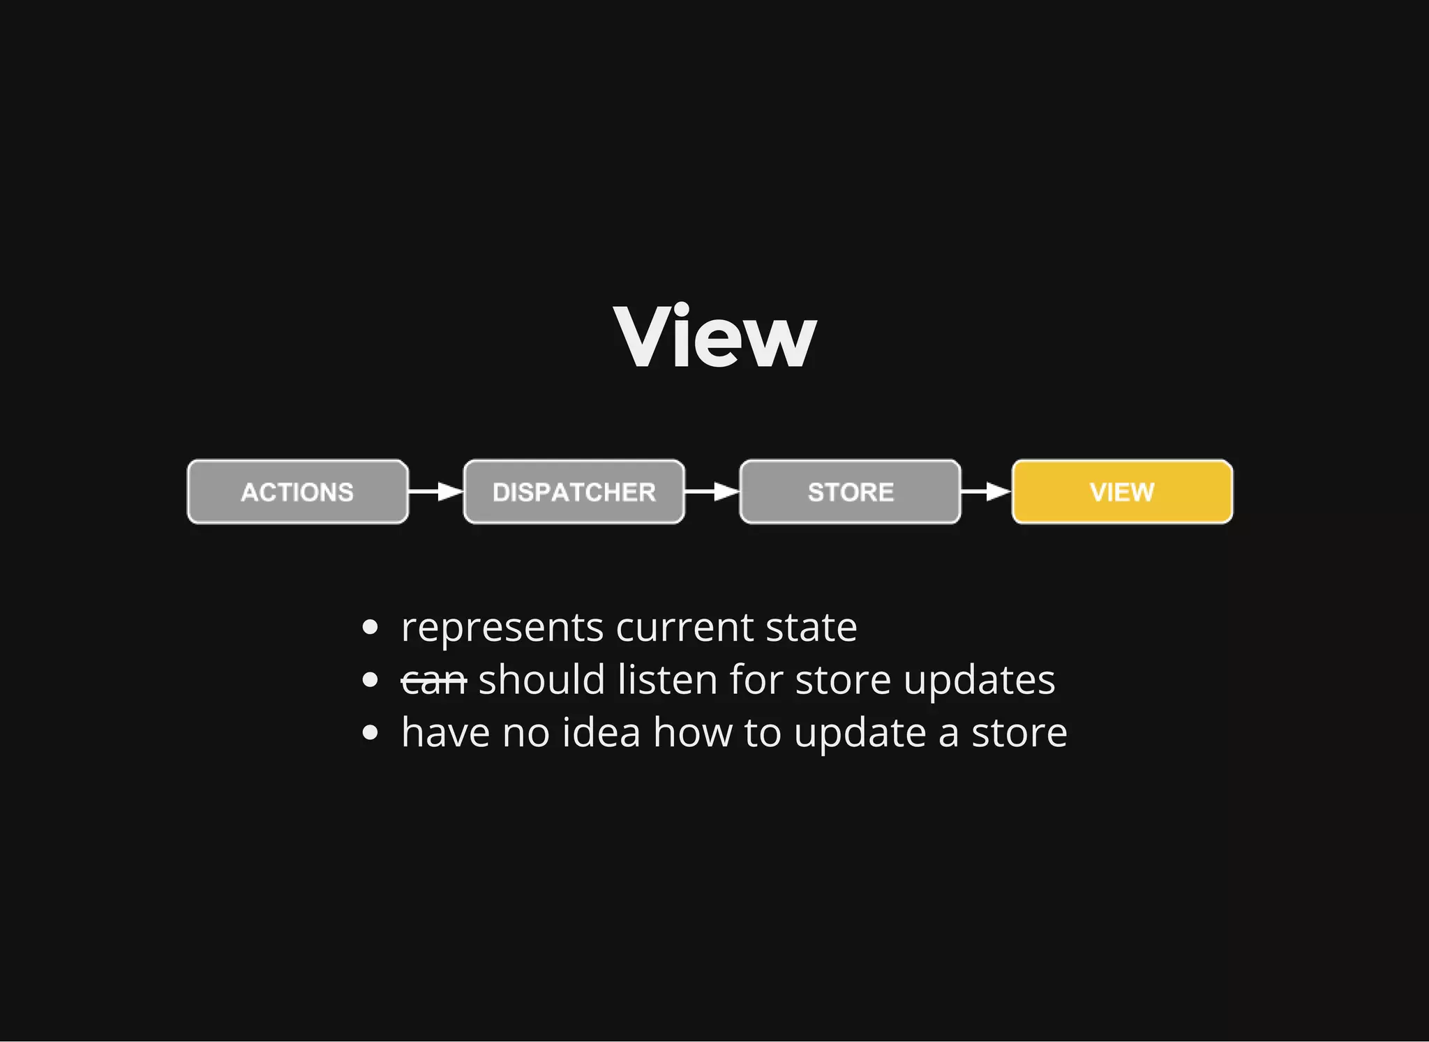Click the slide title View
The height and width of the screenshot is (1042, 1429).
[x=714, y=336]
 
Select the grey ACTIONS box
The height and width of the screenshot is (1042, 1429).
[x=298, y=492]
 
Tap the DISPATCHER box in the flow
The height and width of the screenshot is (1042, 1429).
[x=574, y=492]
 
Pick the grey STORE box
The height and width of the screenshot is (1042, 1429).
[x=850, y=492]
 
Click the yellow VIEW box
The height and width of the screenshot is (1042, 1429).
[x=1122, y=492]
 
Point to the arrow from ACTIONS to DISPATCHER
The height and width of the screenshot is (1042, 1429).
[x=435, y=492]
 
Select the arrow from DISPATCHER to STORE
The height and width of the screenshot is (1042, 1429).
[x=712, y=492]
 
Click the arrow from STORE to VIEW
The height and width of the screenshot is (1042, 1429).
[x=986, y=492]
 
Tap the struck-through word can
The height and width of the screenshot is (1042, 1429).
[x=433, y=681]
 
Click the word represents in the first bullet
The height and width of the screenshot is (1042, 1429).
[x=502, y=628]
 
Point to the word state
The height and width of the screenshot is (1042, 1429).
[x=811, y=628]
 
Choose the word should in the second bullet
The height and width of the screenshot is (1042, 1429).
[x=541, y=680]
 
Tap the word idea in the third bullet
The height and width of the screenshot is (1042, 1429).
[x=601, y=733]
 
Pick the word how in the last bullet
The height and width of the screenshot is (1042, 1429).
[x=692, y=733]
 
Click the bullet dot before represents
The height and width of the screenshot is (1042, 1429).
[x=371, y=628]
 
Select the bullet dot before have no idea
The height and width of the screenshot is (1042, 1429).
[x=371, y=733]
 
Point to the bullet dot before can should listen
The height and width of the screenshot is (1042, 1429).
[x=371, y=681]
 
